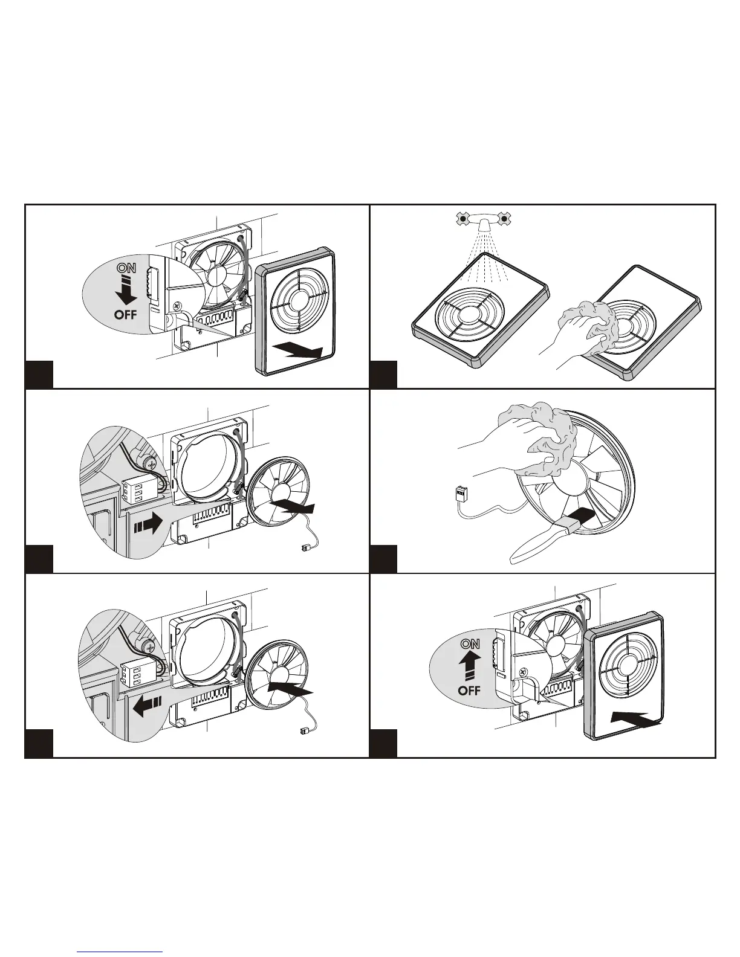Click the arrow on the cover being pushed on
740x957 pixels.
pos(637,718)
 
